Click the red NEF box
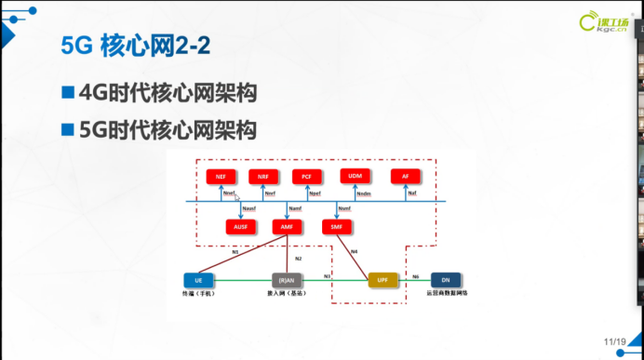[x=221, y=176]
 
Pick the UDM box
[x=355, y=176]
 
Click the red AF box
[x=406, y=176]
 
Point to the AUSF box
[x=241, y=227]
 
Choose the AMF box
[x=288, y=227]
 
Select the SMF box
[x=336, y=227]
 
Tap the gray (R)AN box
[x=288, y=279]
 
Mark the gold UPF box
[x=382, y=279]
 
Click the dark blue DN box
[x=446, y=279]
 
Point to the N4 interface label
[x=355, y=251]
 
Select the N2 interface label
[x=298, y=258]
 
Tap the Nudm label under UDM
[x=364, y=194]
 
